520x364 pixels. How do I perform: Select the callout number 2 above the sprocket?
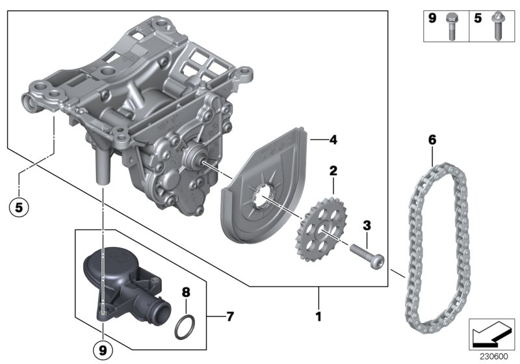click(333, 171)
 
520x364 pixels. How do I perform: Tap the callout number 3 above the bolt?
click(367, 226)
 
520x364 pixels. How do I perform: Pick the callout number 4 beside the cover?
click(333, 139)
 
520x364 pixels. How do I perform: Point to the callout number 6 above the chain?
click(431, 139)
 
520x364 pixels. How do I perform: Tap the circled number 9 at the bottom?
click(102, 350)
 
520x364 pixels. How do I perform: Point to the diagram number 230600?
click(493, 356)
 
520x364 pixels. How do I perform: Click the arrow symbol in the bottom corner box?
click(491, 335)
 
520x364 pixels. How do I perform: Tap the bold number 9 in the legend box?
click(432, 19)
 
